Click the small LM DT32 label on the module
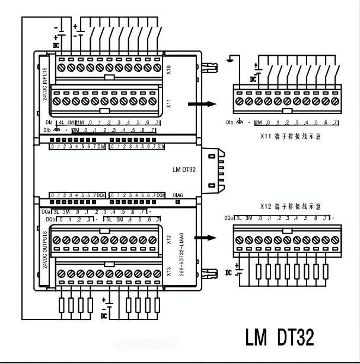pyautogui.click(x=184, y=170)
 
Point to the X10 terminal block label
pyautogui.click(x=168, y=69)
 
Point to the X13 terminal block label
pyautogui.click(x=168, y=273)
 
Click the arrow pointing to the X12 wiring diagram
pyautogui.click(x=202, y=238)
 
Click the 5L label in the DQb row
pyautogui.click(x=110, y=220)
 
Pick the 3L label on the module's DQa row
pyautogui.click(x=57, y=211)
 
